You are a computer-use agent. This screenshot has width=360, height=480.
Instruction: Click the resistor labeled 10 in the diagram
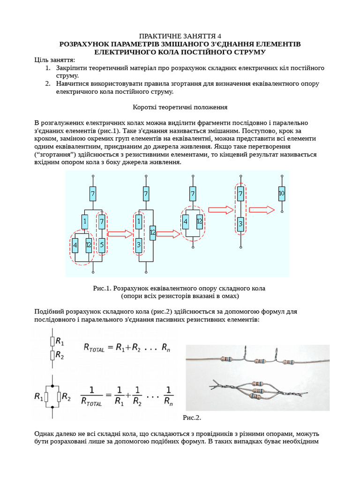click(x=281, y=193)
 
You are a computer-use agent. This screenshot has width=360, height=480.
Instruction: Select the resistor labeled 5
click(x=102, y=244)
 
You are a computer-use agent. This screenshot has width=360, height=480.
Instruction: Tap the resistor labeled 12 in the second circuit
click(x=152, y=232)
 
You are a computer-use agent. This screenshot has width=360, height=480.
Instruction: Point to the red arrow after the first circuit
click(x=120, y=234)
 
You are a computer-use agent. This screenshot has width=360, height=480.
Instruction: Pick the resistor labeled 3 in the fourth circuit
click(x=240, y=223)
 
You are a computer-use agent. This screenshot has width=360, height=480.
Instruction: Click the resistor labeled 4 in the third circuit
click(x=186, y=222)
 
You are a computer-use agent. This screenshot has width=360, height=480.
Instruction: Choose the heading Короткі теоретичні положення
click(x=180, y=107)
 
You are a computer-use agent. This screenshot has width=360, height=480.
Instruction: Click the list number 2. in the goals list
click(x=48, y=83)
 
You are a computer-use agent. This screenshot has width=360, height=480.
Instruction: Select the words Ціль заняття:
click(x=54, y=60)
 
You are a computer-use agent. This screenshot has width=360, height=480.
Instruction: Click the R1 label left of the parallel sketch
click(x=39, y=397)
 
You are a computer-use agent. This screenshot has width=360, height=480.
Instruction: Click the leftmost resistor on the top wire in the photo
click(x=226, y=360)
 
